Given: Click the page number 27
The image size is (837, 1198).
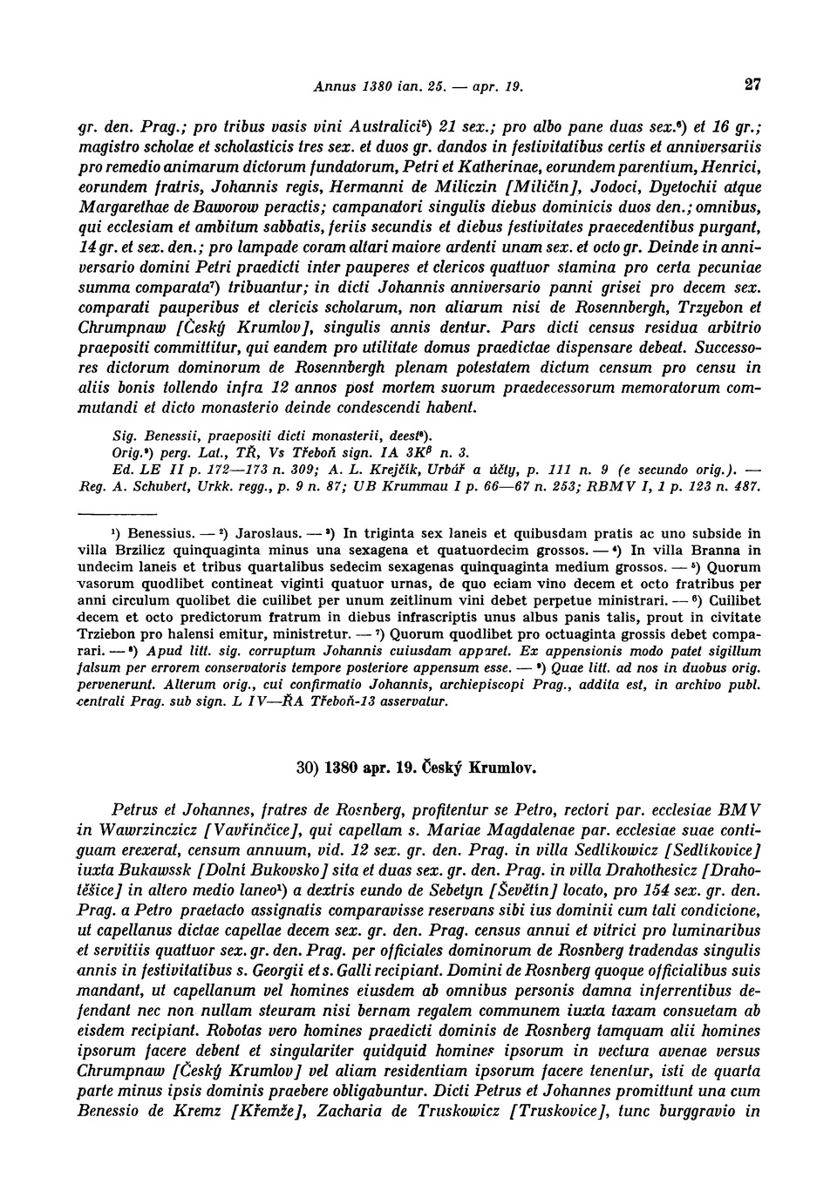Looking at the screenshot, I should coord(754,85).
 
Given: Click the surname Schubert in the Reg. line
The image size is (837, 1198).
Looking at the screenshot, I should coord(156,486).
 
